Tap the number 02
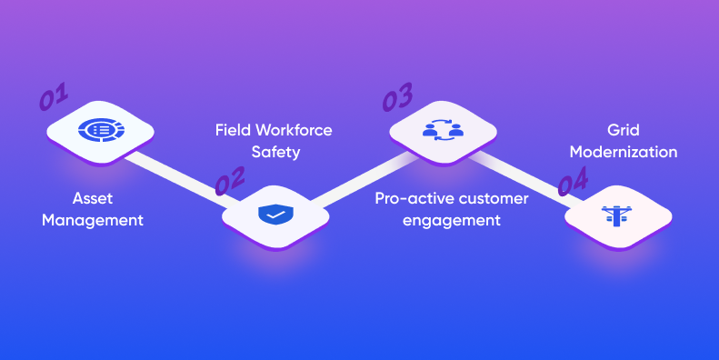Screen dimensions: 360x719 click(229, 183)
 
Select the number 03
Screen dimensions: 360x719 click(396, 97)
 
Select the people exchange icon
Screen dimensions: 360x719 click(444, 130)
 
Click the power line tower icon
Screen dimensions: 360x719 click(618, 215)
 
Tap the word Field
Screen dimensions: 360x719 click(233, 130)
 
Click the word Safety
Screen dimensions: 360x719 click(275, 153)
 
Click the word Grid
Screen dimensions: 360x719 click(624, 130)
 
